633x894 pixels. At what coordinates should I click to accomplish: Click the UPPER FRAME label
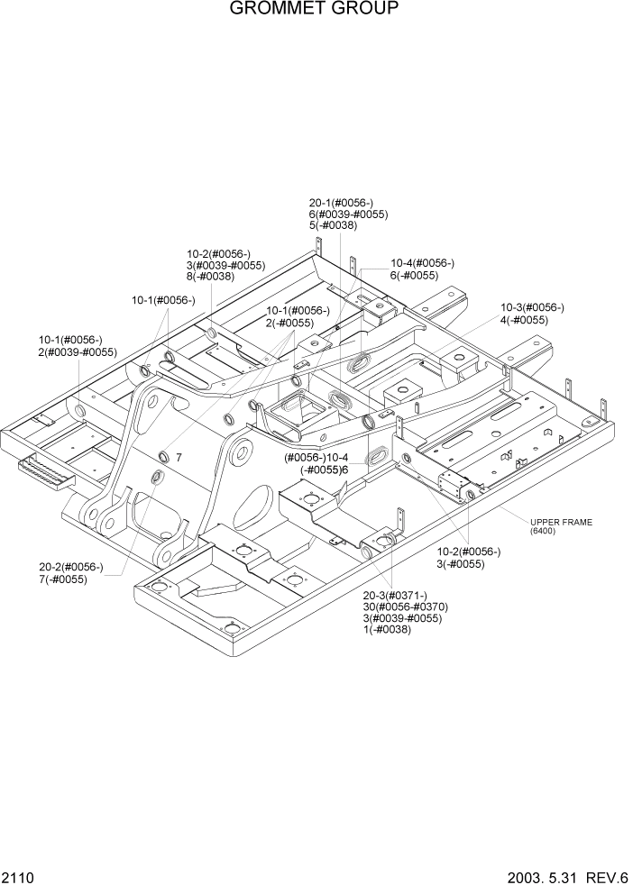pyautogui.click(x=561, y=523)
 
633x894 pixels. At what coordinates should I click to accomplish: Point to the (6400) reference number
pyautogui.click(x=544, y=532)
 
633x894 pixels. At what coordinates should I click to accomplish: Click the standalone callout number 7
pyautogui.click(x=179, y=457)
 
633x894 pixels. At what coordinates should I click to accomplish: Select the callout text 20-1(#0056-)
pyautogui.click(x=341, y=203)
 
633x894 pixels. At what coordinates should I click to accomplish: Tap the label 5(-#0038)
pyautogui.click(x=334, y=226)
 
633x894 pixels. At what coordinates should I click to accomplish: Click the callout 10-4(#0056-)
pyautogui.click(x=422, y=263)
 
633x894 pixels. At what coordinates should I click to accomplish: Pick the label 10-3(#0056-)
pyautogui.click(x=532, y=308)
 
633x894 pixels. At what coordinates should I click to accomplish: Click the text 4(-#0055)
pyautogui.click(x=524, y=320)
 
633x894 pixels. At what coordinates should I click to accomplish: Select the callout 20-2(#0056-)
pyautogui.click(x=71, y=567)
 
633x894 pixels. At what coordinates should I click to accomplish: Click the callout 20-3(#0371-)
pyautogui.click(x=396, y=596)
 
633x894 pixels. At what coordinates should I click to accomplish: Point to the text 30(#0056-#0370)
pyautogui.click(x=406, y=607)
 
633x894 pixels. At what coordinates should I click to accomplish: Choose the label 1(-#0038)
pyautogui.click(x=387, y=630)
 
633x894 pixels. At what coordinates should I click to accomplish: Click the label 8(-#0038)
pyautogui.click(x=210, y=277)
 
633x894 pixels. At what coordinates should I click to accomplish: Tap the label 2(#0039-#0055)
pyautogui.click(x=78, y=351)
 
